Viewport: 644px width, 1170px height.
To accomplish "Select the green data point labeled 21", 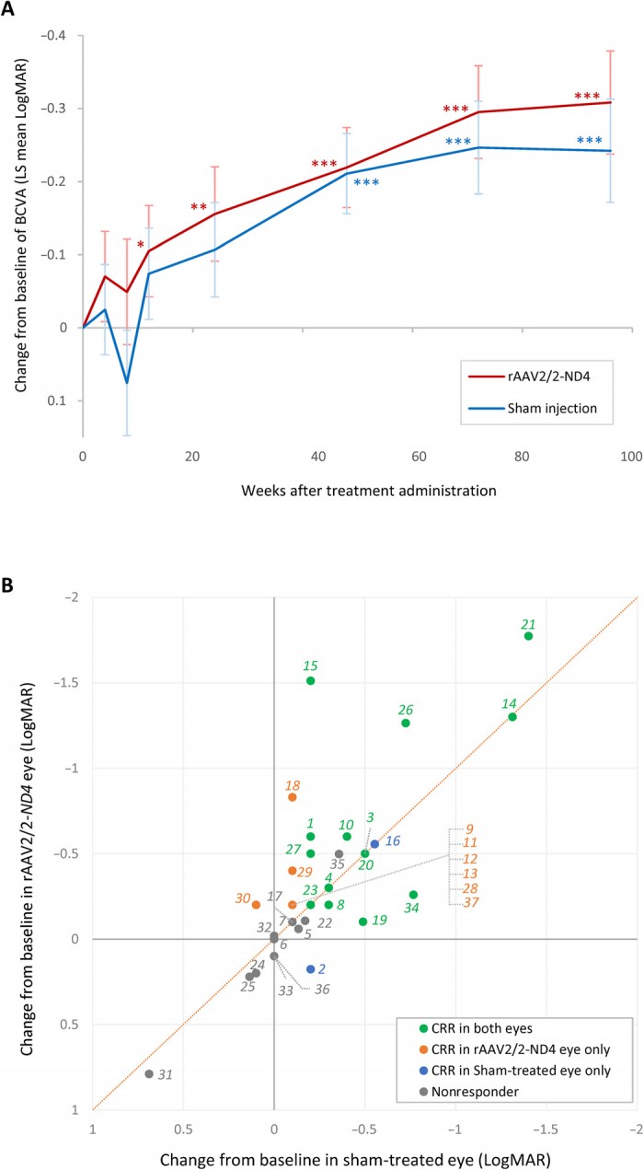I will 528,636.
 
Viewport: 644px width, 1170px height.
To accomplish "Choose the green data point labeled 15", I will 311,680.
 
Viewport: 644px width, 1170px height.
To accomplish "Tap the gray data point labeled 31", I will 149,1073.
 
